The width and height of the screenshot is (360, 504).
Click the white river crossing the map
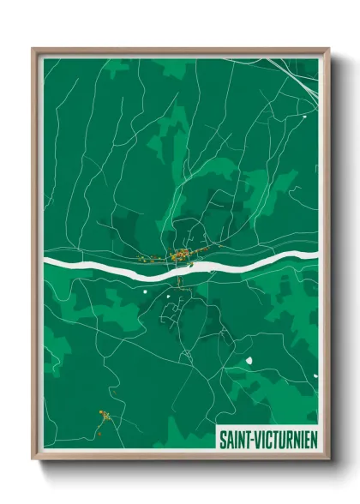[x=103, y=268]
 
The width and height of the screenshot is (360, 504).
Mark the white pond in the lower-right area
[x=249, y=360]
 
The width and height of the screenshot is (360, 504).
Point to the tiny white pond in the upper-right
[x=305, y=112]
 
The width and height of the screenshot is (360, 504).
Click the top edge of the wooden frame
[x=180, y=51]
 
